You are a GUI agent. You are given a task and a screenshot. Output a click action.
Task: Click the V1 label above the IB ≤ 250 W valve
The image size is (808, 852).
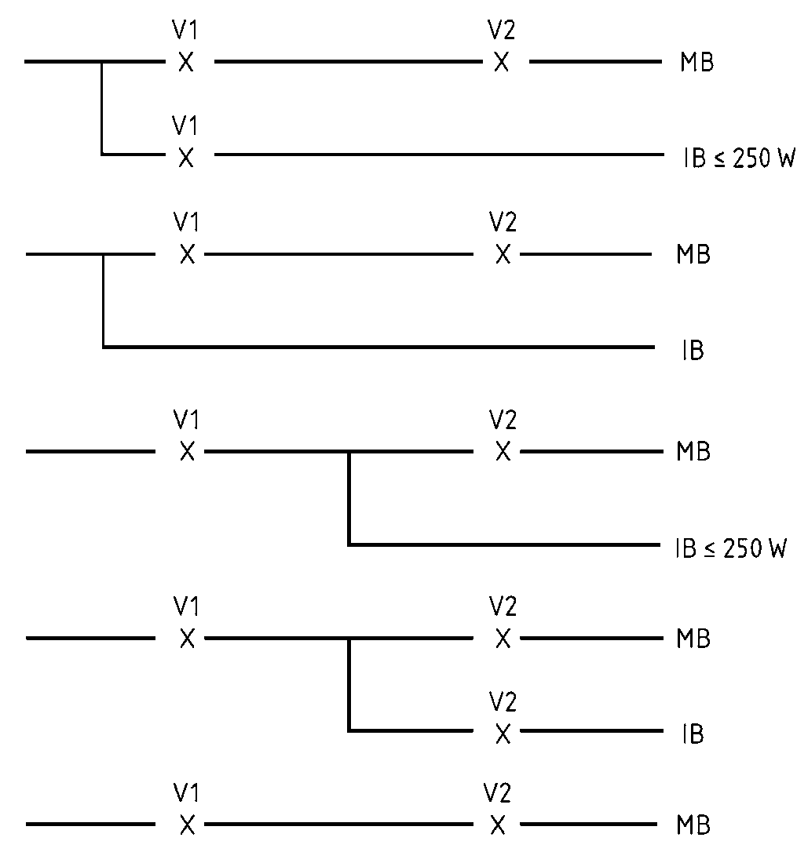(185, 126)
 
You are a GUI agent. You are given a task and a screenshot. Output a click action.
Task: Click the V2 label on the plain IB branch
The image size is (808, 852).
(503, 701)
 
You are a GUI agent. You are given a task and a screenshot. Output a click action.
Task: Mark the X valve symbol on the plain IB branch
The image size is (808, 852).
(503, 734)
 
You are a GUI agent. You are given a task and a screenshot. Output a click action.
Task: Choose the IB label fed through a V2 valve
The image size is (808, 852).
(693, 735)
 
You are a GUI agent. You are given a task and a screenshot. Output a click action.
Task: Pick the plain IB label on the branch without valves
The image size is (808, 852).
(693, 351)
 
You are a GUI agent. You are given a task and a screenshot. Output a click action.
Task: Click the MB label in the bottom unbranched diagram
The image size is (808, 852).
(693, 826)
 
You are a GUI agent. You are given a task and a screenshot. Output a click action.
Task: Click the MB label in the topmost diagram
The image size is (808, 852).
(696, 63)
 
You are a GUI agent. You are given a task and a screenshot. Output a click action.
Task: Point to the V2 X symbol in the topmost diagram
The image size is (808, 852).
(501, 62)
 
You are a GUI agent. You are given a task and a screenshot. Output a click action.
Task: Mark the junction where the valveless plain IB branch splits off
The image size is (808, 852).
(104, 254)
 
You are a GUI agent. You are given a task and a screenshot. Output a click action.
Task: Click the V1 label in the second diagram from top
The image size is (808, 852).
(185, 223)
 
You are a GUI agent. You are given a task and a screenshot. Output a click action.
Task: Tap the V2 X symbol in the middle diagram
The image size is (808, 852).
(503, 452)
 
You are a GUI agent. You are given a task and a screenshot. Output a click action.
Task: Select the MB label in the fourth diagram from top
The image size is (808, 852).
(693, 639)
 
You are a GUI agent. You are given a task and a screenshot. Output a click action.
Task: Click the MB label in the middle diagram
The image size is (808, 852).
(693, 453)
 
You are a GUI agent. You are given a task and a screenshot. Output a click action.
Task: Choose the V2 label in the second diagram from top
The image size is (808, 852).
(503, 223)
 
